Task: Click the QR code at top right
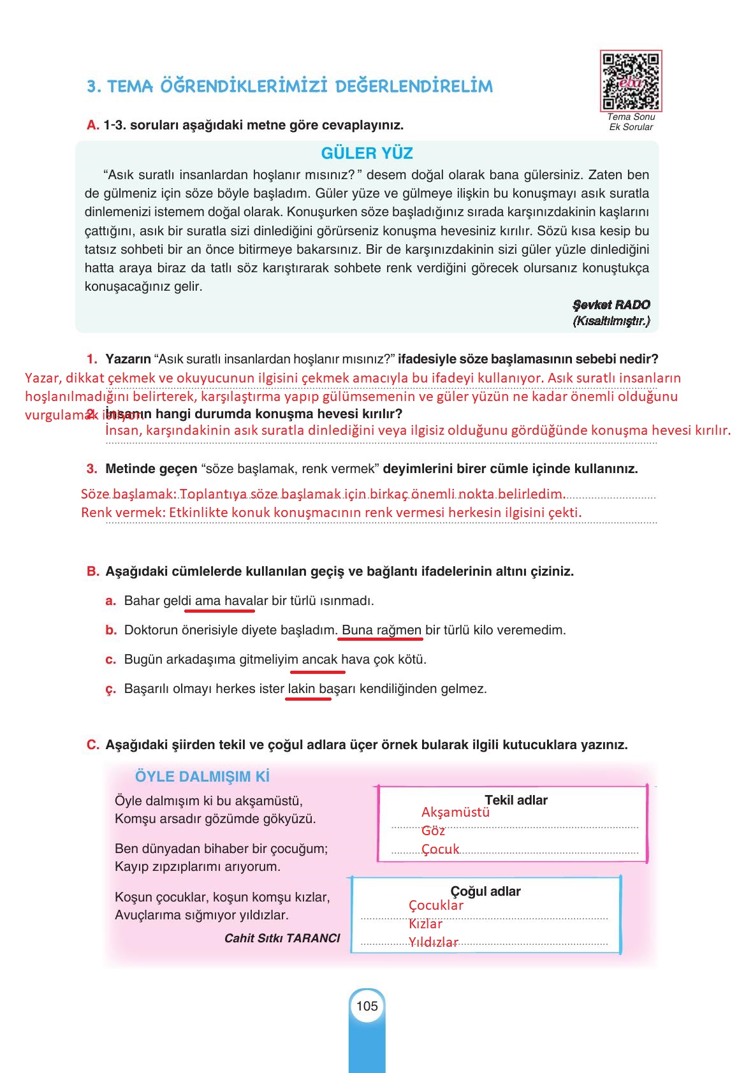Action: pyautogui.click(x=631, y=80)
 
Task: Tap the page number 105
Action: pyautogui.click(x=367, y=1006)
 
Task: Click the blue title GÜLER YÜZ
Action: pyautogui.click(x=367, y=154)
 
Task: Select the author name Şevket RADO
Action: pyautogui.click(x=611, y=305)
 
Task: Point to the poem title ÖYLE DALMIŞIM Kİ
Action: pyautogui.click(x=202, y=777)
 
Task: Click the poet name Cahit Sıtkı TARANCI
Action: pyautogui.click(x=282, y=938)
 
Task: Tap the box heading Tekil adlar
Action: pyautogui.click(x=515, y=800)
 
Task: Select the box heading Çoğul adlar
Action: pyautogui.click(x=485, y=891)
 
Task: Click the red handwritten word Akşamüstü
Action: pyautogui.click(x=455, y=812)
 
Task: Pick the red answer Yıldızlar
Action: pyautogui.click(x=433, y=942)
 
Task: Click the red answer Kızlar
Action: pyautogui.click(x=425, y=924)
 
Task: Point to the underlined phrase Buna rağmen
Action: pyautogui.click(x=381, y=631)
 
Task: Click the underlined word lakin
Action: pyautogui.click(x=301, y=689)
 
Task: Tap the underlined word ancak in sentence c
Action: pyautogui.click(x=319, y=660)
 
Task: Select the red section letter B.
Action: pyautogui.click(x=92, y=572)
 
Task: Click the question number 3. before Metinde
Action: pyautogui.click(x=92, y=469)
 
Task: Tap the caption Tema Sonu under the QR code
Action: pyautogui.click(x=631, y=117)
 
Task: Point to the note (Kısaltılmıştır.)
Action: pyautogui.click(x=611, y=321)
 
